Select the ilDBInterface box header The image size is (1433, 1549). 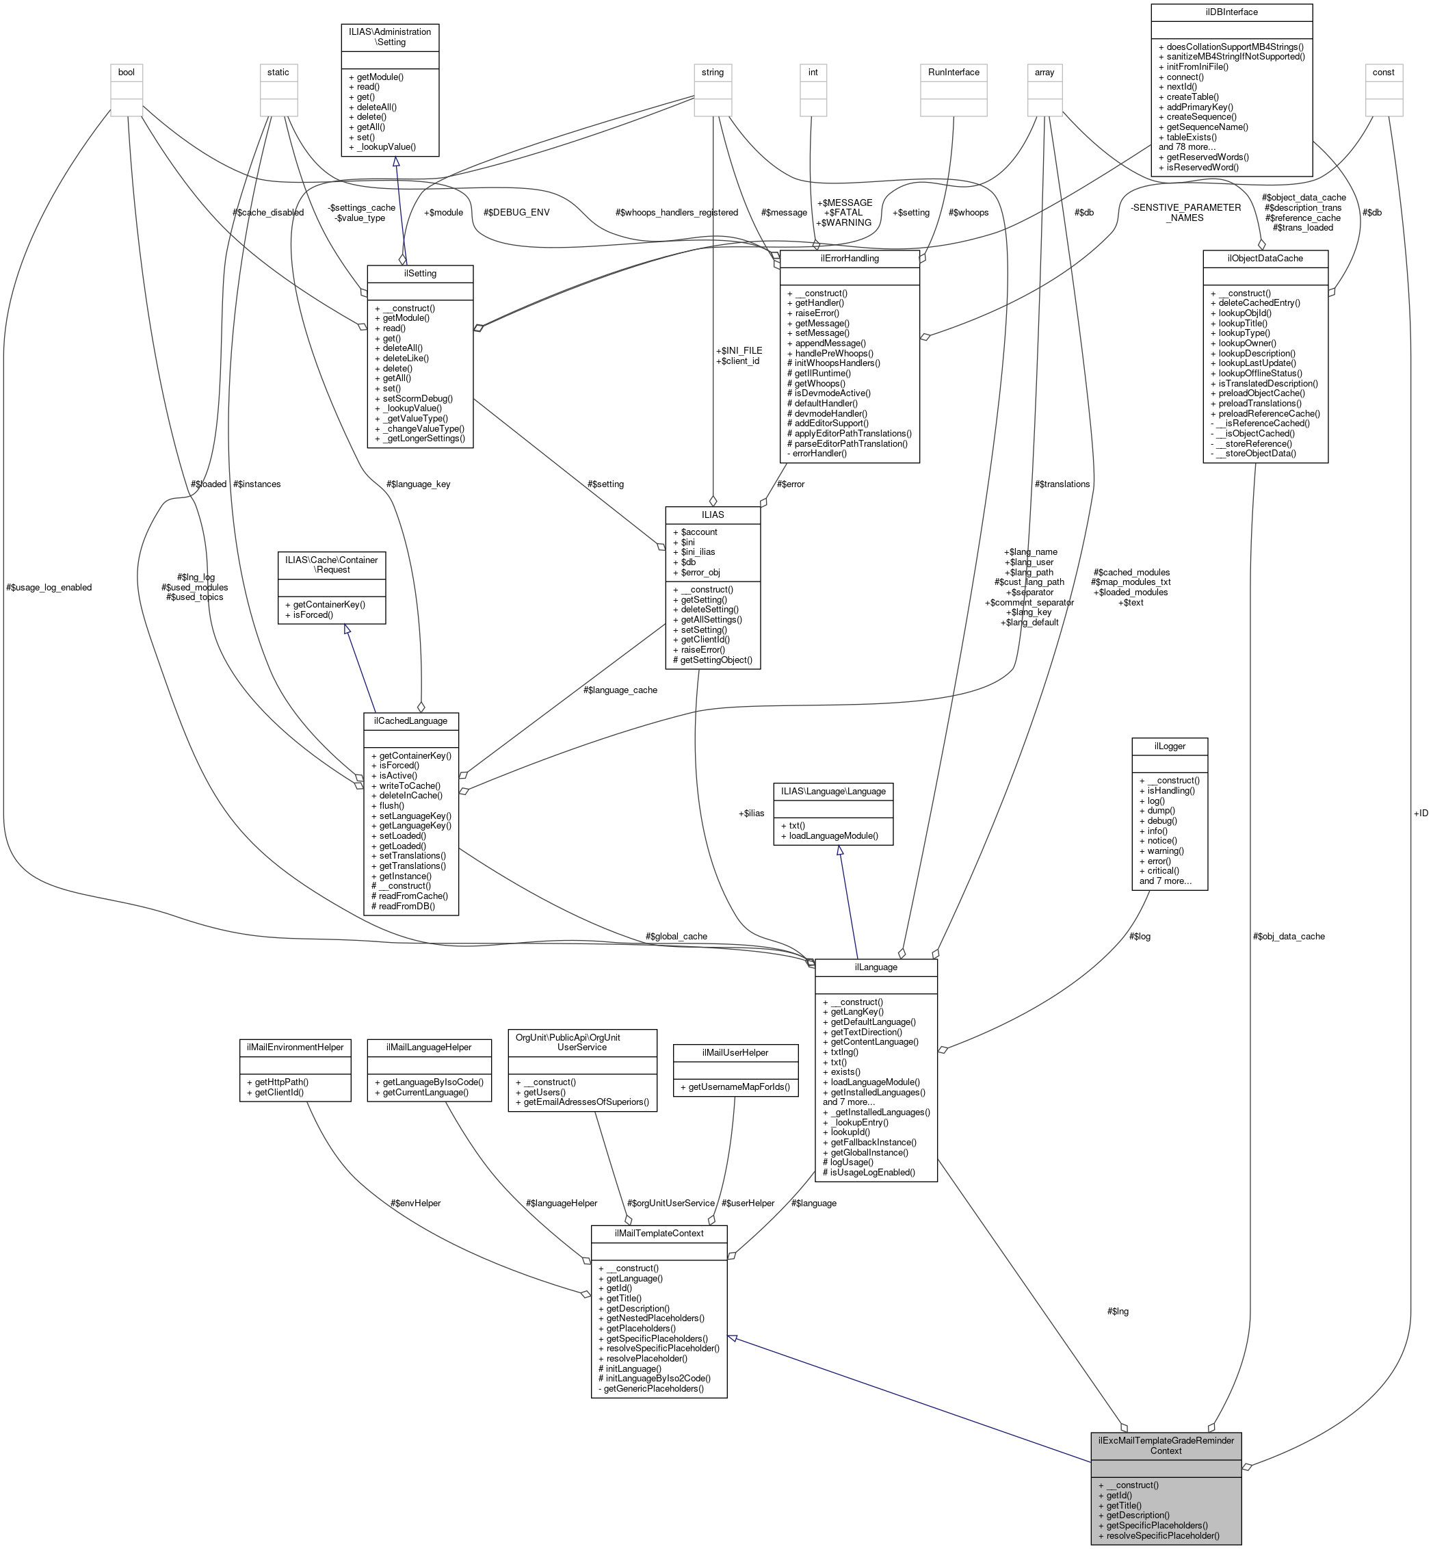click(1231, 12)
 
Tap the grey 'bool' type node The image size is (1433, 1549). click(126, 72)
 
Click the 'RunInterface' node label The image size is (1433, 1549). click(953, 72)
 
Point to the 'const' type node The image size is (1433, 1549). click(1383, 72)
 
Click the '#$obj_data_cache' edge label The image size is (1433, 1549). click(1289, 936)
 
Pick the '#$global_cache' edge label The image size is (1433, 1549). click(676, 936)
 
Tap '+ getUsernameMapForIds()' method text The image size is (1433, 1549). click(735, 1086)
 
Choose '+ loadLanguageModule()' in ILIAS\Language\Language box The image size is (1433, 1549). click(834, 835)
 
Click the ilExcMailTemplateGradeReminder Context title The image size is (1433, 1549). click(1166, 1445)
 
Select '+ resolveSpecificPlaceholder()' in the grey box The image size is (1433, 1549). click(1159, 1535)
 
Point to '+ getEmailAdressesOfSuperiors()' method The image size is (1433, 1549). click(582, 1102)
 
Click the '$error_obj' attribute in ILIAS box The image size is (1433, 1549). click(696, 572)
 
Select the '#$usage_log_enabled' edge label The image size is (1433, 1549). click(48, 587)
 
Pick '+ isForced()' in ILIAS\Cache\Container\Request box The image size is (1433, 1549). click(308, 614)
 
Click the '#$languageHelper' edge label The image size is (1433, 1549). click(562, 1203)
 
